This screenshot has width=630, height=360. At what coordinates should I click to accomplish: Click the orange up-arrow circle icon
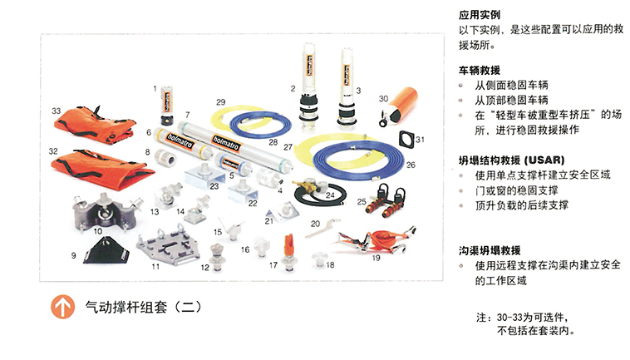tap(62, 307)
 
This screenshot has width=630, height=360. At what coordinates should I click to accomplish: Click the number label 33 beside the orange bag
tap(56, 111)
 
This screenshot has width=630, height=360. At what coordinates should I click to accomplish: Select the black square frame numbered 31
tap(406, 139)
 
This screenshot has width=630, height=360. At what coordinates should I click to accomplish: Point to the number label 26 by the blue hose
tap(411, 165)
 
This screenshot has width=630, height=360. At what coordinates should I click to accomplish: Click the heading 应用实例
tap(480, 15)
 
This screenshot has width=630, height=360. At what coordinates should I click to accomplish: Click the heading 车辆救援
tap(480, 71)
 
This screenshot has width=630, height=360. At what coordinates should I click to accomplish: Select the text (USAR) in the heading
tap(544, 160)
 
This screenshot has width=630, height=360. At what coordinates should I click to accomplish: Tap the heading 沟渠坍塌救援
tap(490, 251)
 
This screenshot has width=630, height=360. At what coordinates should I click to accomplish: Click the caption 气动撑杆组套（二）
tap(143, 308)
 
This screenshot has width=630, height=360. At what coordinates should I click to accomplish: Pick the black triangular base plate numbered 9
tap(106, 251)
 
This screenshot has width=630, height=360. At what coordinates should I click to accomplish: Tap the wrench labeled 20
tap(322, 228)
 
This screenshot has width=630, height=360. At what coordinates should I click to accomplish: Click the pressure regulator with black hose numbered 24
tap(319, 192)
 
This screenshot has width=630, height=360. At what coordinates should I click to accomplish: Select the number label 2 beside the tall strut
tap(293, 88)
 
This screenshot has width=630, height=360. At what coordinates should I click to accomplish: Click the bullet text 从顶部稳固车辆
tap(511, 100)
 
